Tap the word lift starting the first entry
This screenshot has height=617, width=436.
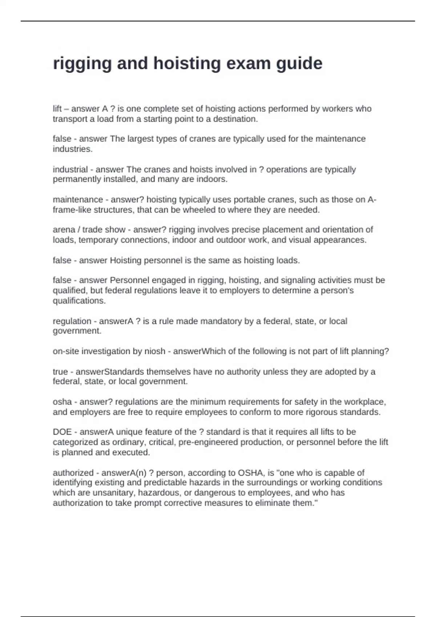pyautogui.click(x=57, y=109)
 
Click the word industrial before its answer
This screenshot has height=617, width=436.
pyautogui.click(x=70, y=169)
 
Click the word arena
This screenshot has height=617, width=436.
pyautogui.click(x=64, y=230)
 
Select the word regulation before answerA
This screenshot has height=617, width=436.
pyautogui.click(x=72, y=321)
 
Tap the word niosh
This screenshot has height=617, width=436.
pyautogui.click(x=155, y=351)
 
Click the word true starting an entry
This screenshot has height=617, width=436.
pyautogui.click(x=60, y=372)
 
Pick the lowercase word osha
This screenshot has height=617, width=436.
pyautogui.click(x=62, y=402)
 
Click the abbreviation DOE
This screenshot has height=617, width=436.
pyautogui.click(x=62, y=432)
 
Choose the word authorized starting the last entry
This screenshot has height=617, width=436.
pyautogui.click(x=73, y=473)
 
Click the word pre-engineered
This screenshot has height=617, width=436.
pyautogui.click(x=209, y=442)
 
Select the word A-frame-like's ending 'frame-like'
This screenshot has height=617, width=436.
pyautogui.click(x=72, y=210)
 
